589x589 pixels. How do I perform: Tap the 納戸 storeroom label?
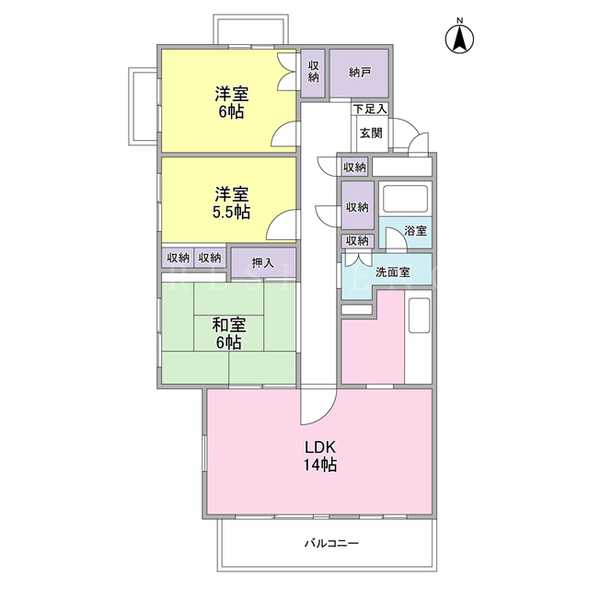coord(360,73)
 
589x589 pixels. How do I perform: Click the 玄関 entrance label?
coord(371,133)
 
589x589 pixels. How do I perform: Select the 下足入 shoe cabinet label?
coord(370,110)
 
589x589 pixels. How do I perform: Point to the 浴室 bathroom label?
coord(415,231)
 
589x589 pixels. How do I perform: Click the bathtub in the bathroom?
coord(405,199)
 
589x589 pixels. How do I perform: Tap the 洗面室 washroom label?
coord(393,272)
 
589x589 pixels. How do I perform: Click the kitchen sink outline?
coord(420,316)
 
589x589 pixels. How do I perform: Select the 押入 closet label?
coord(263,263)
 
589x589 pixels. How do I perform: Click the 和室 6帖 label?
coord(229,333)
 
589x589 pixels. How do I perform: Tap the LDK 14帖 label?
coord(320,456)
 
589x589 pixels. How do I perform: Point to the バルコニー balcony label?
coord(331,543)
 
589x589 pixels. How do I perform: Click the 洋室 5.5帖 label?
coord(231,203)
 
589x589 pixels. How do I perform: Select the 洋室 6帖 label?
coord(231,102)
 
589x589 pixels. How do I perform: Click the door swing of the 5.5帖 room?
coord(282,225)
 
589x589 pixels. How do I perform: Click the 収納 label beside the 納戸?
coord(313,72)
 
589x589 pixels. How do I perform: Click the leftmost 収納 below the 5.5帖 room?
coord(178,258)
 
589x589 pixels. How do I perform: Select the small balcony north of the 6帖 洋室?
coord(251,29)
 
